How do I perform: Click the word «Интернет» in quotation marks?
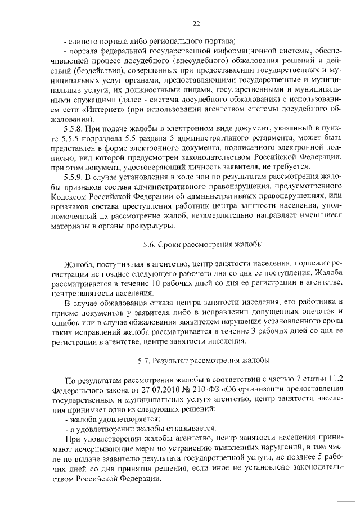[x=116, y=110]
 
